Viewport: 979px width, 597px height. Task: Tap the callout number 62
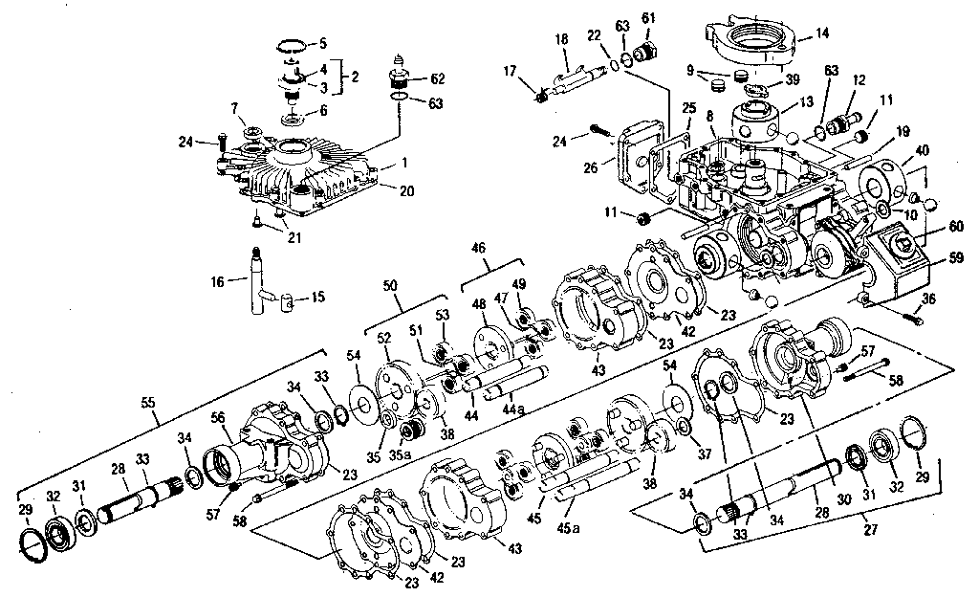[x=438, y=77]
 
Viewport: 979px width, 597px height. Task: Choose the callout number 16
[x=216, y=281]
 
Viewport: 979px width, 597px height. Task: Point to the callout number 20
[x=407, y=190]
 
